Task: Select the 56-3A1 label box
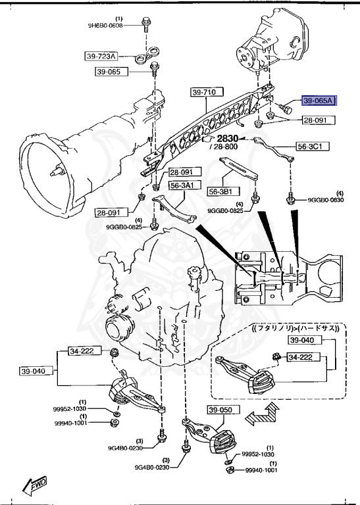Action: (182, 186)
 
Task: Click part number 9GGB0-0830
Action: (328, 200)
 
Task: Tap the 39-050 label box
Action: (221, 411)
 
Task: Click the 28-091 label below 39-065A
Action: (318, 120)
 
